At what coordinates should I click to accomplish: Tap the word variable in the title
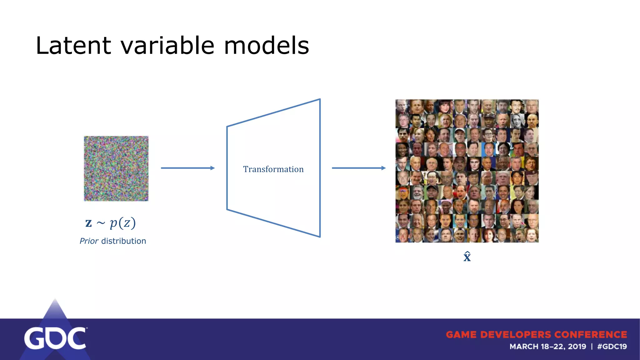click(x=167, y=46)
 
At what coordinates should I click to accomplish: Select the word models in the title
click(x=266, y=46)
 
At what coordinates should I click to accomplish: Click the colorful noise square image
click(x=116, y=168)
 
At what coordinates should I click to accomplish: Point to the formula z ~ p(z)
click(x=110, y=223)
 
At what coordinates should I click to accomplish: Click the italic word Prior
click(x=89, y=241)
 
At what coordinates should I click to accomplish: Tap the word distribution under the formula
click(x=123, y=241)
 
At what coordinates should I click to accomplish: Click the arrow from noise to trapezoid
click(x=187, y=168)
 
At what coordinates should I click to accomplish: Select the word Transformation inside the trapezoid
click(x=273, y=169)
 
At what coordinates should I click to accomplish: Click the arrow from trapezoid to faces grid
click(x=358, y=168)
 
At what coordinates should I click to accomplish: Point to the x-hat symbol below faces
click(x=467, y=257)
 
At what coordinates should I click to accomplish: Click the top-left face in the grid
click(x=402, y=107)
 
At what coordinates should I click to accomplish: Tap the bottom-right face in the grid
click(x=531, y=235)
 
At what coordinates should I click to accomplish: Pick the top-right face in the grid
click(x=531, y=107)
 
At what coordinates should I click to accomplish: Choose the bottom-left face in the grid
click(x=402, y=235)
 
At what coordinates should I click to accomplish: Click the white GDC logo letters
click(x=55, y=338)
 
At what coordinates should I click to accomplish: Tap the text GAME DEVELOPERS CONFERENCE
click(x=536, y=335)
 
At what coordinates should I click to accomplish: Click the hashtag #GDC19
click(x=612, y=347)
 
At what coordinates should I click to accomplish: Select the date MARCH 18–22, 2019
click(x=548, y=347)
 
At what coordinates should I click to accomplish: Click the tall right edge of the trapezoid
click(x=320, y=168)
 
